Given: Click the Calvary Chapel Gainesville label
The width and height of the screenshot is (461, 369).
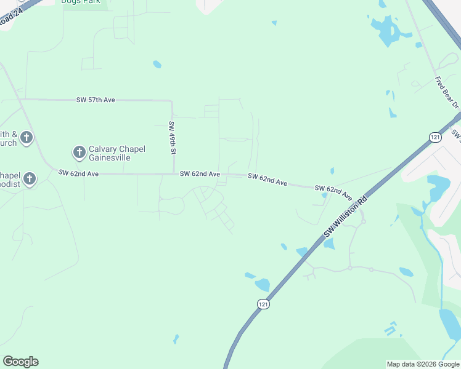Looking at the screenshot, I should point(117,153).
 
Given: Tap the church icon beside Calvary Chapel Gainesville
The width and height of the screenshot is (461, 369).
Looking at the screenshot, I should point(79,151).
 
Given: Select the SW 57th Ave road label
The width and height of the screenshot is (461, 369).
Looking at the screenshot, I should point(96,100).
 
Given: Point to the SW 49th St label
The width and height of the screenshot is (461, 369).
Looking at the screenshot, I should point(173,138).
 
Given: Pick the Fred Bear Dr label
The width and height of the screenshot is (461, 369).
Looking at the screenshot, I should point(447,92).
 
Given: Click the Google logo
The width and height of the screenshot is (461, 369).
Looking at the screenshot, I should point(20,362).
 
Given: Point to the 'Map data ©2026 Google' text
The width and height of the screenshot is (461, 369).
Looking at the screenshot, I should point(423,364).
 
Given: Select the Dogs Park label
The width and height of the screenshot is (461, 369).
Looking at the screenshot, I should point(83,2).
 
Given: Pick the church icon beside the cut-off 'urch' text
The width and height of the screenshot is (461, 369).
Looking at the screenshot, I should point(26,138).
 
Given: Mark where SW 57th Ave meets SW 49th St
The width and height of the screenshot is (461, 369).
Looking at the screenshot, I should point(172,100).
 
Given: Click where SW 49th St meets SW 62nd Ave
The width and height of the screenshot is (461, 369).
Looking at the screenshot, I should point(173,174).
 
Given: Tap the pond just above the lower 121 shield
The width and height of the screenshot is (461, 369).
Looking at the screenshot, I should point(263,285).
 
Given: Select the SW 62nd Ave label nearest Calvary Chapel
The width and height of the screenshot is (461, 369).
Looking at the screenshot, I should point(79,174).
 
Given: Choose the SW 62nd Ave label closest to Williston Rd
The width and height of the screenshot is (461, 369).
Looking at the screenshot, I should point(333,191).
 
